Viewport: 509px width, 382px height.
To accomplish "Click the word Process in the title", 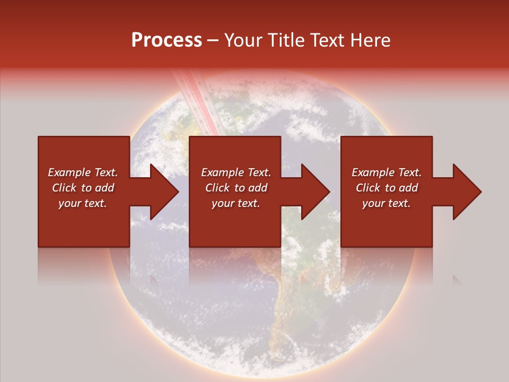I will click(166, 40).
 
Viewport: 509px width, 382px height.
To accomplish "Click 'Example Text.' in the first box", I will click(83, 172).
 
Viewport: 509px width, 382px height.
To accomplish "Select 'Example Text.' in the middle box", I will click(236, 172).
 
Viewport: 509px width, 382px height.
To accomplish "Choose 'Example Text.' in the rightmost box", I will click(387, 172).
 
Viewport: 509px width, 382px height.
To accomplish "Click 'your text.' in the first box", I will click(83, 203).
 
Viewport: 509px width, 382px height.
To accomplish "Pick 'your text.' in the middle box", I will click(236, 203).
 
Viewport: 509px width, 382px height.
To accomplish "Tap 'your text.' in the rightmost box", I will click(387, 203).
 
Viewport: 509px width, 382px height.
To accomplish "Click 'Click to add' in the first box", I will click(83, 188).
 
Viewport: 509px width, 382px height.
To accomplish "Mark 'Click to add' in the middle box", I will click(236, 188).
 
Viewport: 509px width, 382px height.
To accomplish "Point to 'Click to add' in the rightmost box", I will click(387, 188).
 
